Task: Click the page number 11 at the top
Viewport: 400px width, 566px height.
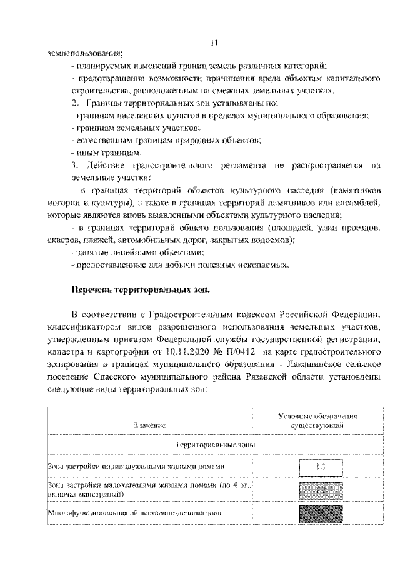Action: (214, 42)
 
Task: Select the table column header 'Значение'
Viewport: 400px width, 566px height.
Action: (149, 425)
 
